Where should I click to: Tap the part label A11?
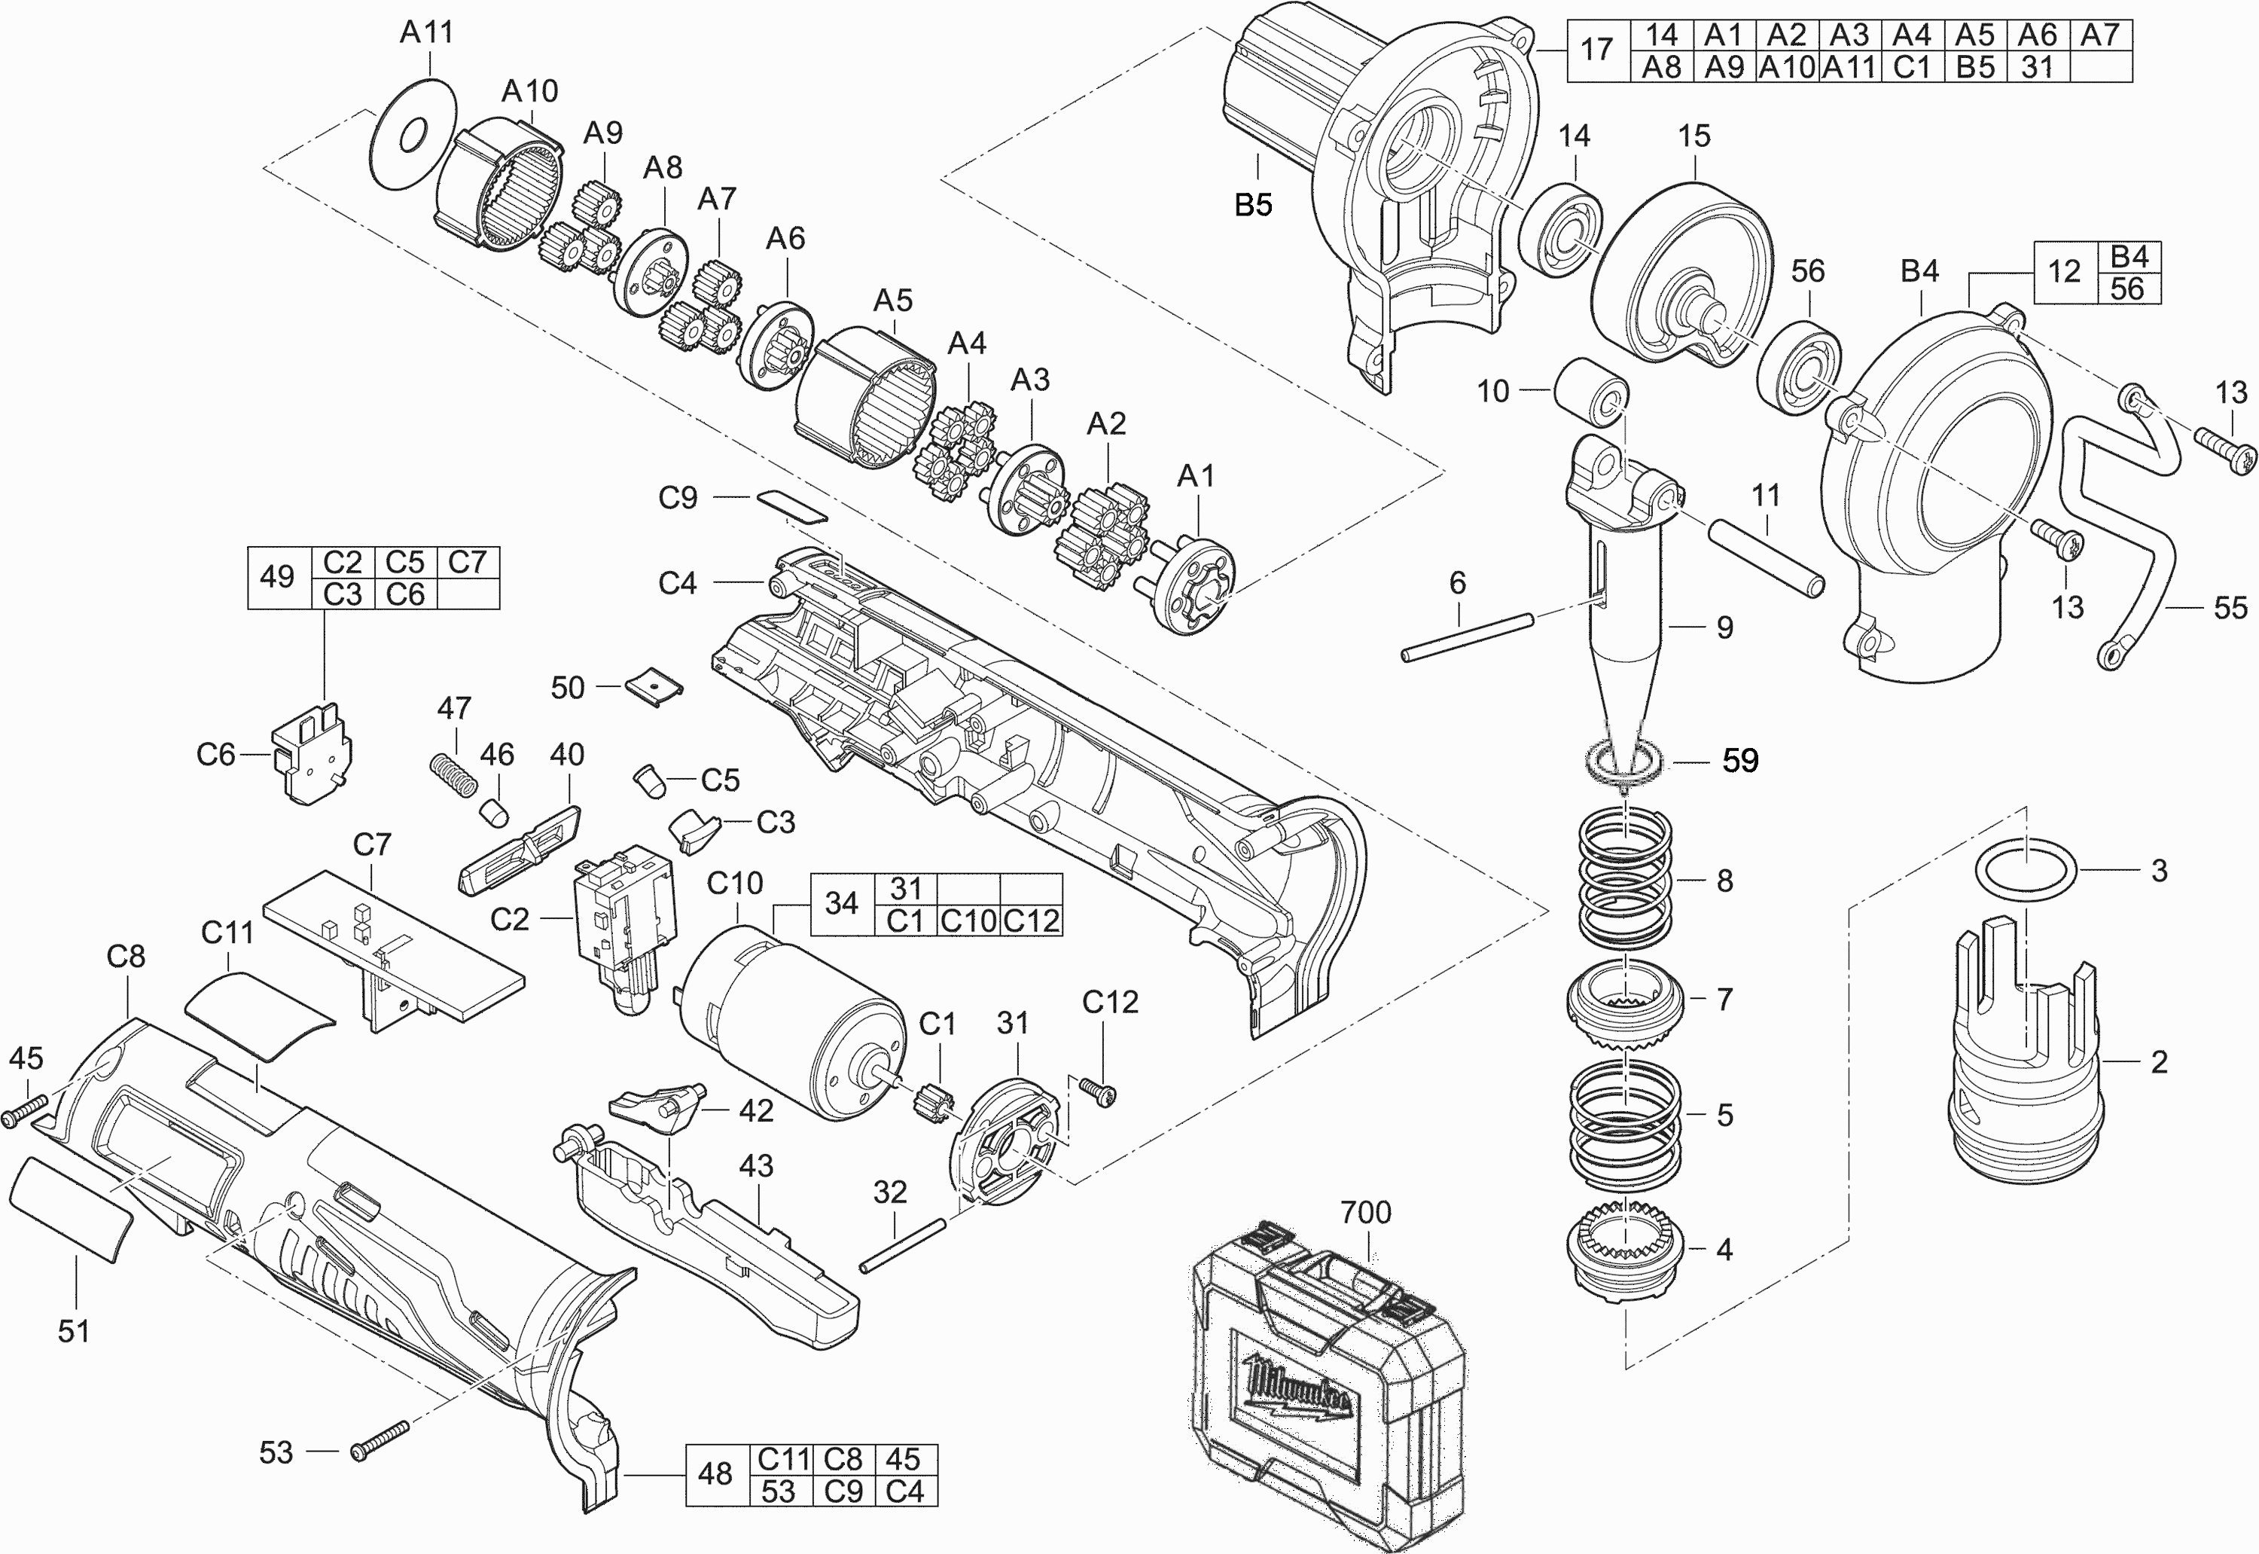tap(426, 32)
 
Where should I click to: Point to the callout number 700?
tap(1365, 1212)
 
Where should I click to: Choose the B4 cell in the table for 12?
tap(2129, 256)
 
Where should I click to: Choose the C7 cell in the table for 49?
tap(468, 562)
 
